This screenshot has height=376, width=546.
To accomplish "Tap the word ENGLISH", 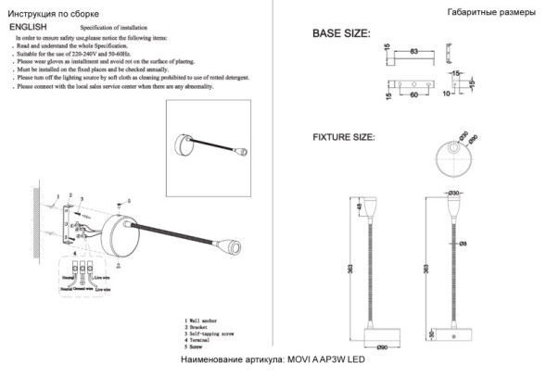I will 28,29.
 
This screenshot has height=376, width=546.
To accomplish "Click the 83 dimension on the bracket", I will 413,45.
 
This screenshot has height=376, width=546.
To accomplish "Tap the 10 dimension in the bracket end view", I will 447,94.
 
